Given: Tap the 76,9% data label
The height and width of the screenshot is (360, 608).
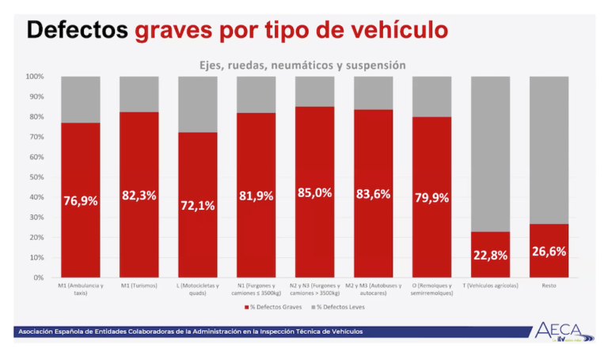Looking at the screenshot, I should [x=81, y=201].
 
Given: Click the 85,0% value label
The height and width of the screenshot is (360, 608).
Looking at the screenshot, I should [x=315, y=192].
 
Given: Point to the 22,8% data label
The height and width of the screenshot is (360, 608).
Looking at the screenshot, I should [x=491, y=255].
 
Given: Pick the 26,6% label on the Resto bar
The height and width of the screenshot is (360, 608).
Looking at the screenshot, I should [x=549, y=251].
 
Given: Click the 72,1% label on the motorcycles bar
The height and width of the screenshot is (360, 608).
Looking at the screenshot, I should [x=198, y=206].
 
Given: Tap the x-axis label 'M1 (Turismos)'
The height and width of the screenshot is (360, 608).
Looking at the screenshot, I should [x=139, y=286].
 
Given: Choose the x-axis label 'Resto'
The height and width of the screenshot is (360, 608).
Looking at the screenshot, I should [x=549, y=286].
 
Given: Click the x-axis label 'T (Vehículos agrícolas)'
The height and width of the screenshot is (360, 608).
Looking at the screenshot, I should [x=491, y=286].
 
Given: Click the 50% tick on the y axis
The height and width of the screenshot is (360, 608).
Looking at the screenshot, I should [x=36, y=177].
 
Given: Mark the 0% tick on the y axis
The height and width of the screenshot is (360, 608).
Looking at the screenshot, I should [x=38, y=278].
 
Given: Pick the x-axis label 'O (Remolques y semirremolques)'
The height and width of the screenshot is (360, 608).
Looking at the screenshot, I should [x=432, y=289].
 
